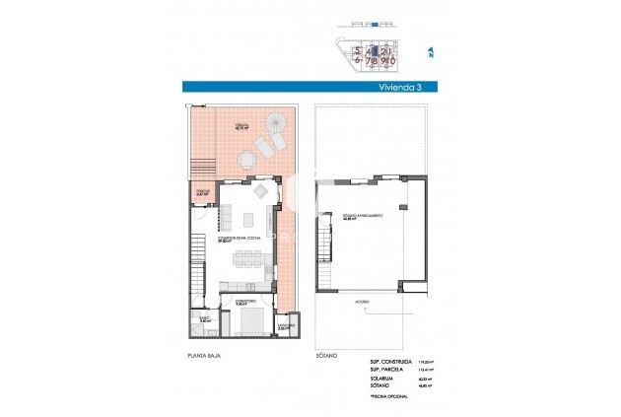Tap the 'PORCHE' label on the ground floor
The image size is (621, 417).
pyautogui.click(x=201, y=193)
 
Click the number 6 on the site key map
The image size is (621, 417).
pyautogui.click(x=358, y=60)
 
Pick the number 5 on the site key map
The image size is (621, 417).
pyautogui.click(x=358, y=48)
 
